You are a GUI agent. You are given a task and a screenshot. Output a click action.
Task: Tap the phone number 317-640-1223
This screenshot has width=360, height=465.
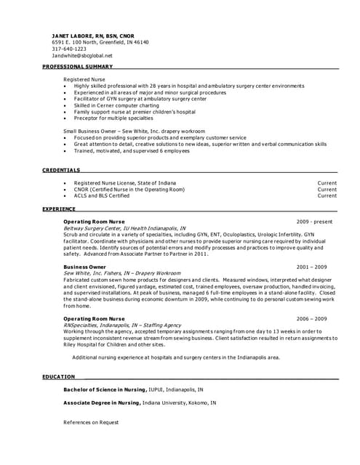(x=69, y=49)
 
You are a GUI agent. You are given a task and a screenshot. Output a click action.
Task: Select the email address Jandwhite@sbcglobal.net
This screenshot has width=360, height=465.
(x=82, y=55)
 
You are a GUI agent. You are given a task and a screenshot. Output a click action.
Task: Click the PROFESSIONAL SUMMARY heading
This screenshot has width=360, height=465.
(x=78, y=67)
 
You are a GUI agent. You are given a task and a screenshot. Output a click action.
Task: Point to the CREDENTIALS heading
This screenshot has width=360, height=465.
(x=61, y=170)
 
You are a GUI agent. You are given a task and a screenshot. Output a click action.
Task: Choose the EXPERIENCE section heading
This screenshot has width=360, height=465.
(x=59, y=209)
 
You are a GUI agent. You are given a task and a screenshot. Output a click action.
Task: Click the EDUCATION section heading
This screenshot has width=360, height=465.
(x=58, y=376)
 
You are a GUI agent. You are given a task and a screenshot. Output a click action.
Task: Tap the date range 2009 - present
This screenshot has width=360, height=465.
(x=314, y=221)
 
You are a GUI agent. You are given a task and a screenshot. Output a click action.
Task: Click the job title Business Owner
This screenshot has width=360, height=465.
(x=84, y=267)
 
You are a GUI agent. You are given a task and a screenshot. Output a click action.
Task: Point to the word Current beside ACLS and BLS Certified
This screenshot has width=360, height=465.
(x=327, y=195)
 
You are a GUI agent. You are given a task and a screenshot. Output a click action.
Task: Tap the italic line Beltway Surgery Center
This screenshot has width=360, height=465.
(x=124, y=227)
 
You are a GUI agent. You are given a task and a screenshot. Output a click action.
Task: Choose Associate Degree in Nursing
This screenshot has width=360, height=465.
(x=100, y=403)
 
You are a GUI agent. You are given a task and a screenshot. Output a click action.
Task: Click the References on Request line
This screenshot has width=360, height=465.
(x=91, y=422)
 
